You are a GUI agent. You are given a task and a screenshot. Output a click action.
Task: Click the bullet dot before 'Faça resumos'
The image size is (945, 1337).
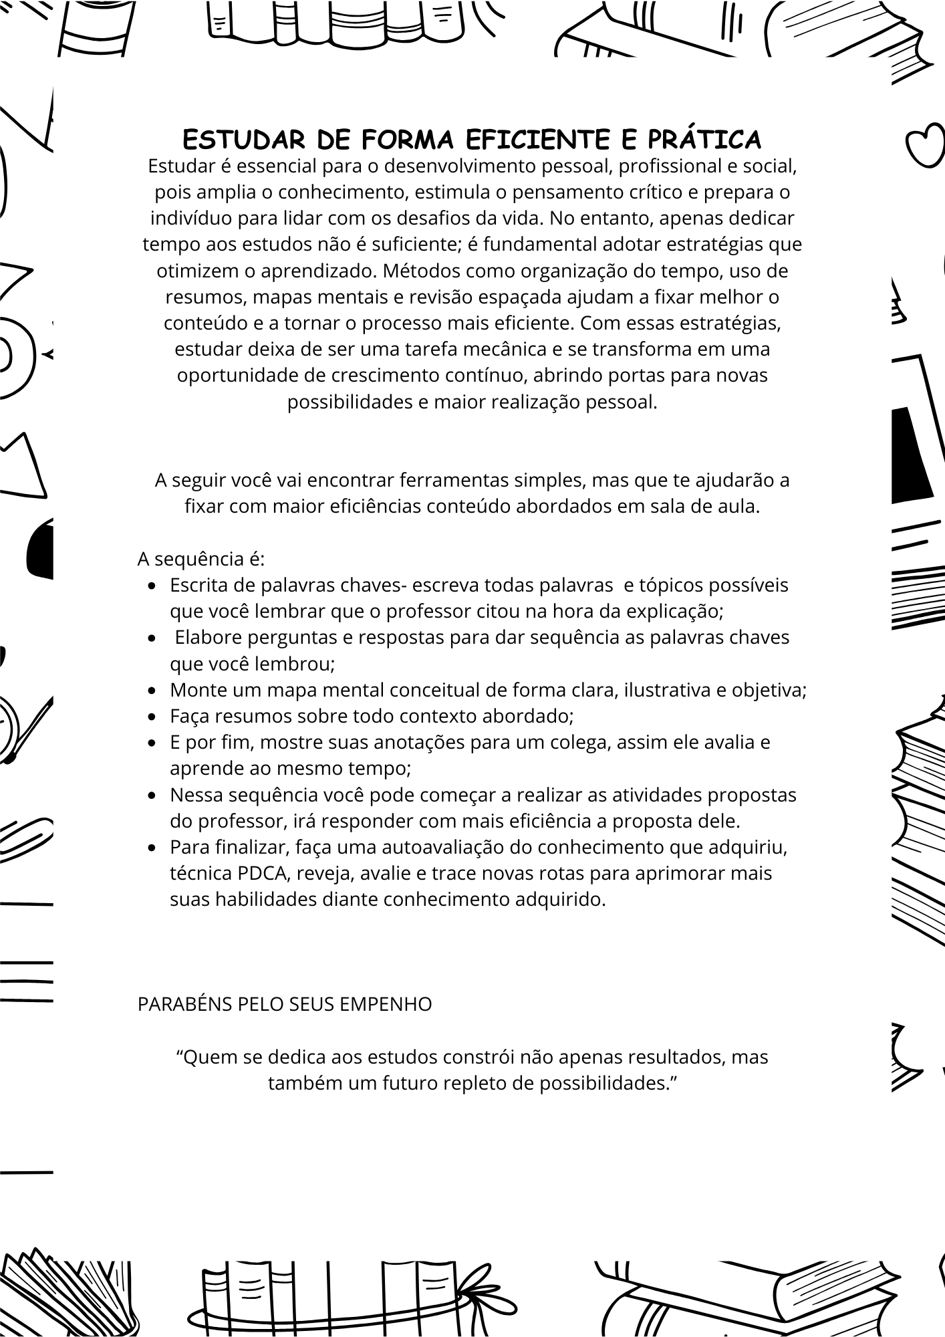(154, 717)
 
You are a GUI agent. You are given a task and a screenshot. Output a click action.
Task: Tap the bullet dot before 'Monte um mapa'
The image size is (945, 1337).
(154, 691)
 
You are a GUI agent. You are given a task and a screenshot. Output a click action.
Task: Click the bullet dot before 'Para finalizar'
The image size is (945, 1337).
(154, 848)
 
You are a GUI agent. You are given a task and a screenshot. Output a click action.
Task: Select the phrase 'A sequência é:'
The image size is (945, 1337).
(201, 559)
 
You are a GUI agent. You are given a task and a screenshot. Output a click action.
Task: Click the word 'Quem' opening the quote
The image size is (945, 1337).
(203, 1057)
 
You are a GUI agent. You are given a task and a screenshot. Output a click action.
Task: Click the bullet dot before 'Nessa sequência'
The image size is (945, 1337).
(154, 796)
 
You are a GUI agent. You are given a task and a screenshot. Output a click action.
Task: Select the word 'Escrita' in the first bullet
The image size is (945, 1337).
(198, 585)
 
